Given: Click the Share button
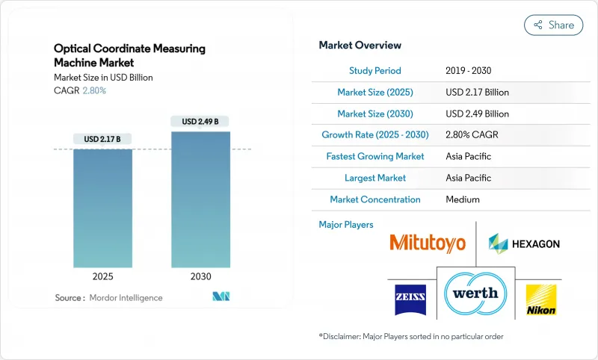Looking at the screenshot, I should coord(553,25).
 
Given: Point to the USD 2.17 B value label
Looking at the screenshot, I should coord(102,139).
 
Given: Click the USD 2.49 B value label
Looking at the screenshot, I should coord(200,121).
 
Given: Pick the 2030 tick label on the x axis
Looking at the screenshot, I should coord(200,276).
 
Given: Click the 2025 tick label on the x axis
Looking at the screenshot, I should coord(102,276).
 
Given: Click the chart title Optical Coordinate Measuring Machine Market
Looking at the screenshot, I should coord(129,55).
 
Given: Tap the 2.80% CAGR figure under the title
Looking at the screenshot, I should coord(93,90).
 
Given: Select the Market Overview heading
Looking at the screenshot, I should coord(360,46).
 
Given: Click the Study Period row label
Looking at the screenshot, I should coord(374,71).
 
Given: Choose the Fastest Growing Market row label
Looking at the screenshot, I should coord(374,157).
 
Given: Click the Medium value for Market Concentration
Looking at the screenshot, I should coord(462,199).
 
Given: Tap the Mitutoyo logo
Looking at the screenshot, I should coord(427,243).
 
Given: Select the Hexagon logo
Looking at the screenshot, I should coord(523,243).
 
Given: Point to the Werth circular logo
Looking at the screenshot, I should coord(475,293).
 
